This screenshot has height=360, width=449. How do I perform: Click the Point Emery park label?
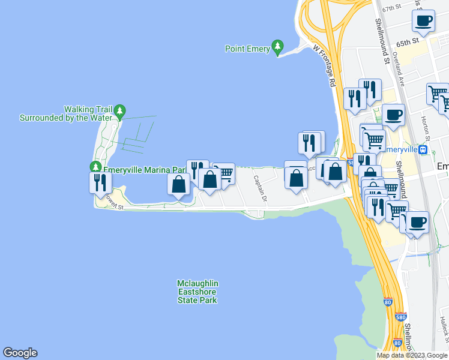(247, 49)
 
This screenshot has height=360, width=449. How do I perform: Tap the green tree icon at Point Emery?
(277, 46)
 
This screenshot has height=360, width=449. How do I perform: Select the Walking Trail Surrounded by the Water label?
(66, 113)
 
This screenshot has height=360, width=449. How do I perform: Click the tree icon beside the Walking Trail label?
(120, 111)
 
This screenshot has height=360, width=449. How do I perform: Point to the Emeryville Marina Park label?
(144, 170)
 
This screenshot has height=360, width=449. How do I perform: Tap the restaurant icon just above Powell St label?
(100, 182)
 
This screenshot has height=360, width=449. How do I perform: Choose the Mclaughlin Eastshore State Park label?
(197, 292)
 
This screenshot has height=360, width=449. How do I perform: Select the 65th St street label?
(406, 43)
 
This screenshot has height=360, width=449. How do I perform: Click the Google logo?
(20, 353)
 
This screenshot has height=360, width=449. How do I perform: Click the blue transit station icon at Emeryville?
(423, 149)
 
